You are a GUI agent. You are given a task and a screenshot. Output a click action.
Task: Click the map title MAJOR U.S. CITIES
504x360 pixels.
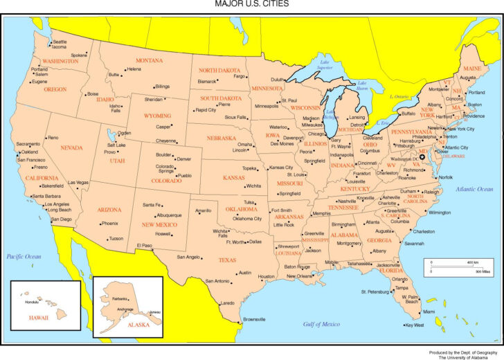point(251,4)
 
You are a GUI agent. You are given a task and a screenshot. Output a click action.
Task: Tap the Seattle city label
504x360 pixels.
point(60,42)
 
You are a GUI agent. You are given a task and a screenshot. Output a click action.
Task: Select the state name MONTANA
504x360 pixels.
point(150,60)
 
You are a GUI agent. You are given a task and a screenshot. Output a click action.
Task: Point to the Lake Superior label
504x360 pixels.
point(324,65)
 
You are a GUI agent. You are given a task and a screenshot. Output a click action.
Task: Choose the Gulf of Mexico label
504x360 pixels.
point(321,323)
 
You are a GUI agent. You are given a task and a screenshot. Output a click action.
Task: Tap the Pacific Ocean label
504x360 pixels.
point(24,256)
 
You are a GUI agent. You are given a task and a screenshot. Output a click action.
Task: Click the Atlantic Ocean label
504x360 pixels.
point(474,188)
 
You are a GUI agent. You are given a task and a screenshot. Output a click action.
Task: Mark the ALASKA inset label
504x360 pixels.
point(138,324)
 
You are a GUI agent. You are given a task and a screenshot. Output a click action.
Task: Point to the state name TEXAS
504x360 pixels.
point(227,260)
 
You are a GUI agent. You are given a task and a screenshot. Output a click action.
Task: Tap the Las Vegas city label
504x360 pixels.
point(78,182)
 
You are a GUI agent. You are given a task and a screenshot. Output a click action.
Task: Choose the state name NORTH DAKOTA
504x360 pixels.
point(219,71)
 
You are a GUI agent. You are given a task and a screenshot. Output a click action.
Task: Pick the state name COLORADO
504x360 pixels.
point(167,181)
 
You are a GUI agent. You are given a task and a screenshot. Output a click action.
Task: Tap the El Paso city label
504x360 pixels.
point(145,245)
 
